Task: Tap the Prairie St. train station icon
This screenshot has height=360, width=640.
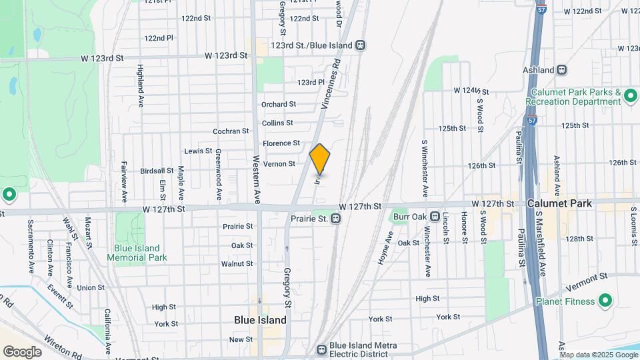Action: click(x=337, y=218)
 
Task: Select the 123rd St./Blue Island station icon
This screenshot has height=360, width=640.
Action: click(x=360, y=45)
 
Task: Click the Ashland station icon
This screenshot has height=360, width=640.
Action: click(x=562, y=69)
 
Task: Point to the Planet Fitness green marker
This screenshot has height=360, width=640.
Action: click(x=605, y=301)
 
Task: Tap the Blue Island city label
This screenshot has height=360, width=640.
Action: click(x=260, y=320)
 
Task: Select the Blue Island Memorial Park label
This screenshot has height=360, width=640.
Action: click(x=136, y=252)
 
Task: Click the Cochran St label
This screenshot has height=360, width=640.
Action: click(x=231, y=131)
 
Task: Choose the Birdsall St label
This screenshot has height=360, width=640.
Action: click(x=157, y=171)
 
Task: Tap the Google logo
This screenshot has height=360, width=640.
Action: click(x=22, y=351)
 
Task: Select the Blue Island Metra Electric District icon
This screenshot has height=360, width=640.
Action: click(x=321, y=349)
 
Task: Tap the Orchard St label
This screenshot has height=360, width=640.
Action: click(x=278, y=104)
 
